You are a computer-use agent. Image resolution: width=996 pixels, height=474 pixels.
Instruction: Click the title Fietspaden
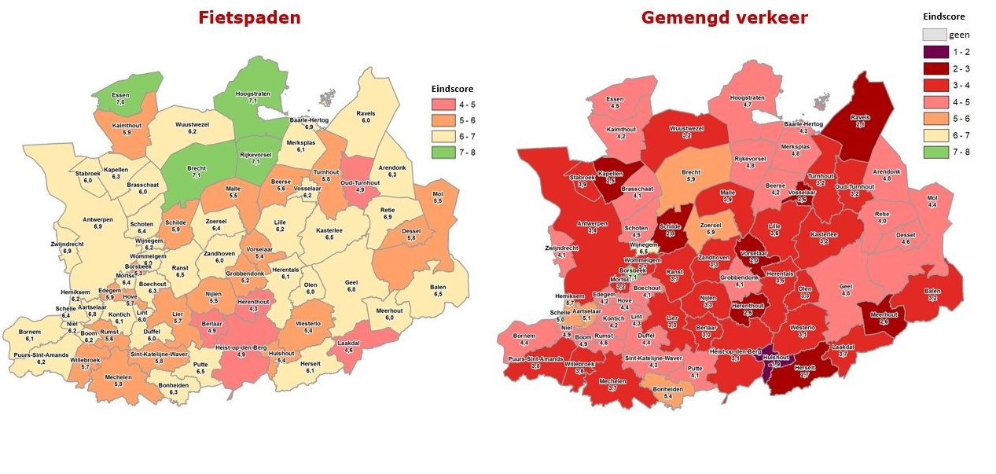pos(249,17)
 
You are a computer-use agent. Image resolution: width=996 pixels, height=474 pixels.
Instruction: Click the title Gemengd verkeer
pos(724,17)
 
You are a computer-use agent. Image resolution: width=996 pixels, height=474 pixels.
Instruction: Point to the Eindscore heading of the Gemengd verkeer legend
pos(943,16)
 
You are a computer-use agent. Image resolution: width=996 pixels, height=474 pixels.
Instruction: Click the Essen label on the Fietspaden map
pos(120,97)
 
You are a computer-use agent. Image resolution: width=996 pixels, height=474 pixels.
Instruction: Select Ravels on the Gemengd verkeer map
pos(860,119)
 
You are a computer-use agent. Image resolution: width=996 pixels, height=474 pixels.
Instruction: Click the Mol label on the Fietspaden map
pos(439,197)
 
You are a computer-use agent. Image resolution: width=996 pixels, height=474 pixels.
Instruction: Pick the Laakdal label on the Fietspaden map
pos(348,345)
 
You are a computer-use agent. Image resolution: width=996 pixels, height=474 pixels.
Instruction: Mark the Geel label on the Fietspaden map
pos(351,285)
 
